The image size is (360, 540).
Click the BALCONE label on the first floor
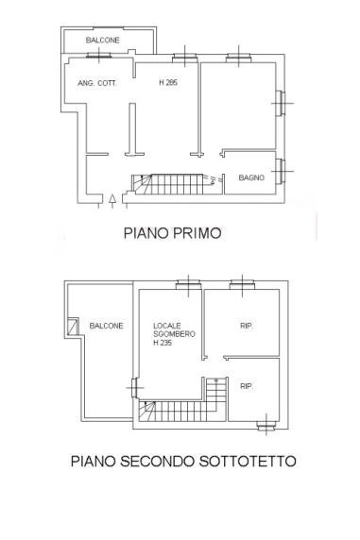coord(102,40)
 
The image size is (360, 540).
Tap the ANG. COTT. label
coord(97,83)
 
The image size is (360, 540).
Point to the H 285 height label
coord(168,82)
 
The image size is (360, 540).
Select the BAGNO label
coord(251,177)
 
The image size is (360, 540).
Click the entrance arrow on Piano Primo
coord(112,201)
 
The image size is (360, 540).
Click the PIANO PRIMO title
coord(172,233)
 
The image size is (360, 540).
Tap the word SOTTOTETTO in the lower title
coord(248,461)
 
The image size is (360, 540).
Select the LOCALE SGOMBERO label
coord(174,329)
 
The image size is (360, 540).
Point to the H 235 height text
coord(163,343)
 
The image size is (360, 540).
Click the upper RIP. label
coord(247,326)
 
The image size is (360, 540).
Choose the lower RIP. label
coord(247,386)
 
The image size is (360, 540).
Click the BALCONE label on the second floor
coord(106,326)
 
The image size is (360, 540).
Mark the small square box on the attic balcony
coord(73,327)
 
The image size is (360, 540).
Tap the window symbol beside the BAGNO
coord(281,171)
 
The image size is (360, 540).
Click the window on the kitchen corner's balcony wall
coord(99,55)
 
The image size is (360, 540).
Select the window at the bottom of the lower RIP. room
coord(266,426)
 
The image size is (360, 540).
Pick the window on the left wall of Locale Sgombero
coord(135,388)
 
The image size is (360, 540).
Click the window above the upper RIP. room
coord(243,284)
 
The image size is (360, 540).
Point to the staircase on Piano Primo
coord(177,184)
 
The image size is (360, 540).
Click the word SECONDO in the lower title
coord(157,461)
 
